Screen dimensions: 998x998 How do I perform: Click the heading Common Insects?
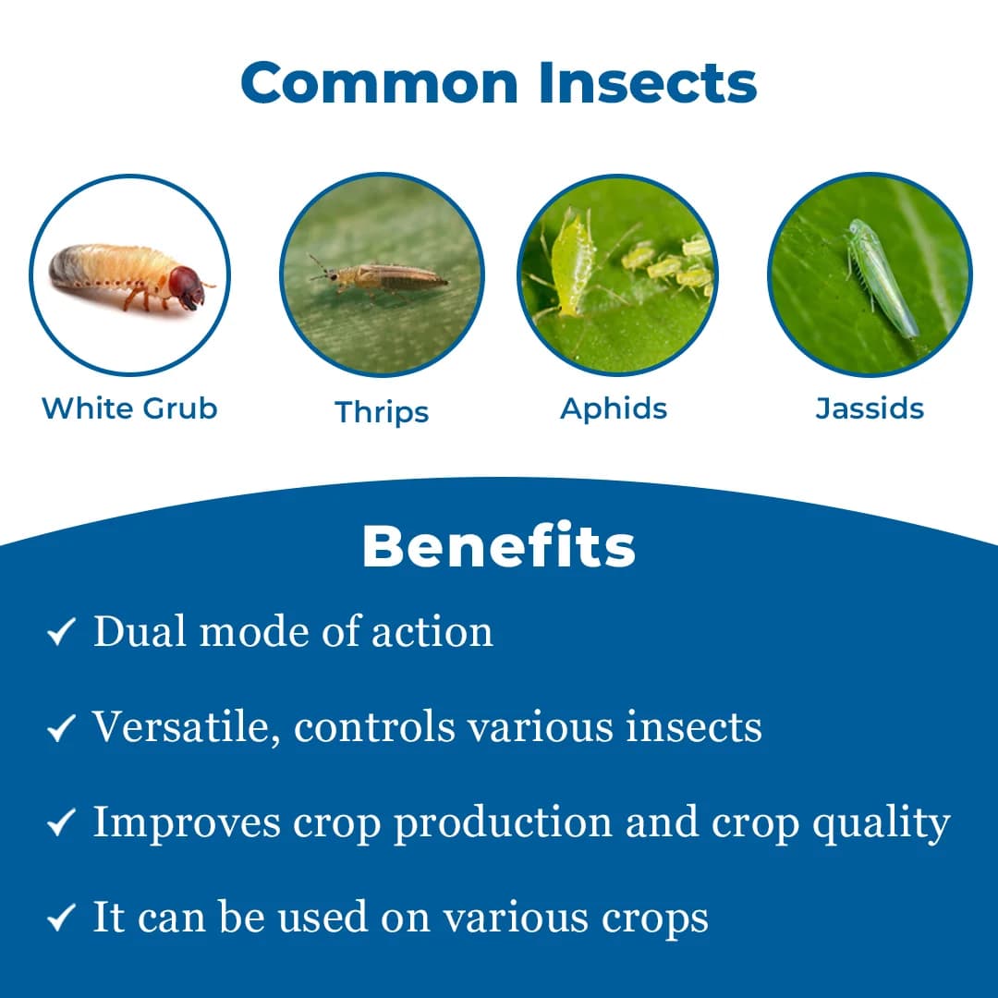[499, 83]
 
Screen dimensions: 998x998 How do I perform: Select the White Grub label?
[129, 408]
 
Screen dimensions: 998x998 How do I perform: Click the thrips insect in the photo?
[383, 275]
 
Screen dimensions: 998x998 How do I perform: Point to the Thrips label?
[382, 411]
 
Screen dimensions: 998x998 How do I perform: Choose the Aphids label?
[614, 408]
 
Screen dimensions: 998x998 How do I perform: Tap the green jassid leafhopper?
[881, 277]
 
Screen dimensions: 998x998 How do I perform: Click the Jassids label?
[870, 408]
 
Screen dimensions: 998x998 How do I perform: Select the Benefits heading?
[499, 546]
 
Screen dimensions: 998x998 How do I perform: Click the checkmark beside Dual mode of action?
[60, 634]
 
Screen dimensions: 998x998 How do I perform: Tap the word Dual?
[140, 632]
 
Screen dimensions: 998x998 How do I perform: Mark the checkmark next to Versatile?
[60, 729]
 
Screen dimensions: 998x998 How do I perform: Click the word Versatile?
[186, 727]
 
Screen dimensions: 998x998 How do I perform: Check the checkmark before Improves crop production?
[60, 824]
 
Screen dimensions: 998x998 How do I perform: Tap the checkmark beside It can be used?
[60, 919]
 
